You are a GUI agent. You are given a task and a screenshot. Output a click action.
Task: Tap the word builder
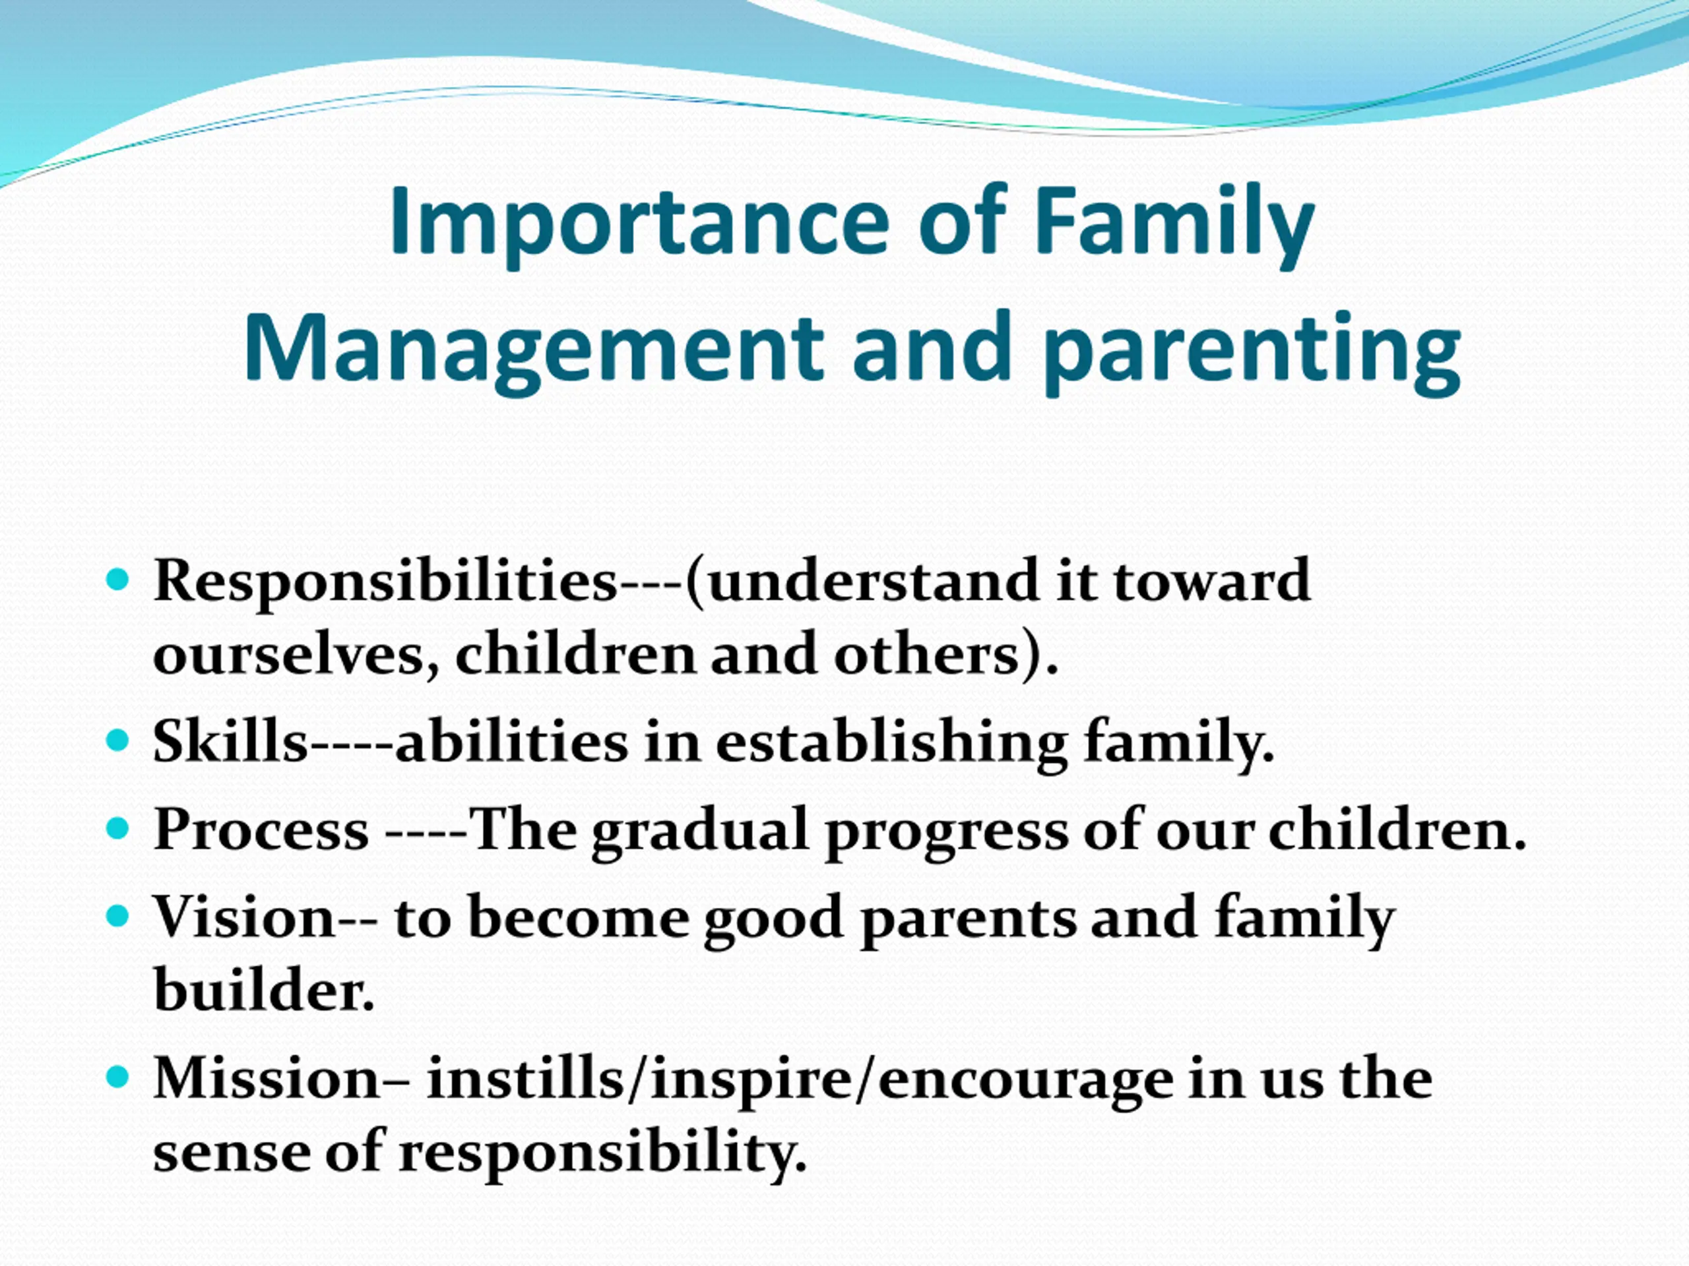[264, 989]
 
